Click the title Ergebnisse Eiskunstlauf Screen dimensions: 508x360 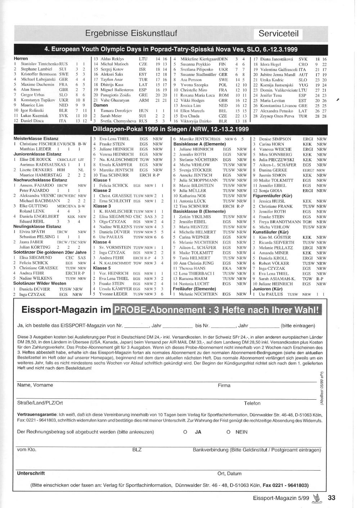point(131,33)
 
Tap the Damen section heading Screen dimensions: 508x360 point(101,105)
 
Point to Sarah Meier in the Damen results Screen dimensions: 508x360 point(111,116)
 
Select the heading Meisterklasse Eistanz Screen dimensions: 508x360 point(36,139)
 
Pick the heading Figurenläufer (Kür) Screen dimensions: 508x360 point(273,196)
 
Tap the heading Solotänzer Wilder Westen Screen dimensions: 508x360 point(40,284)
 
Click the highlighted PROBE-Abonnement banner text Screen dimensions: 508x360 point(217,310)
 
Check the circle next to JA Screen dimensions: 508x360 point(185,432)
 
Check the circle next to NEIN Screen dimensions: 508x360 point(228,432)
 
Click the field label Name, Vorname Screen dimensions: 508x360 point(35,385)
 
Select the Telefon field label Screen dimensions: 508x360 point(252,403)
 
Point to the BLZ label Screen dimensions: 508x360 point(137,450)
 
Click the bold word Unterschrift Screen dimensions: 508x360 point(31,473)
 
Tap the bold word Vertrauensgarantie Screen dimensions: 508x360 point(37,414)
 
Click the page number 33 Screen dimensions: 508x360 point(331,498)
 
